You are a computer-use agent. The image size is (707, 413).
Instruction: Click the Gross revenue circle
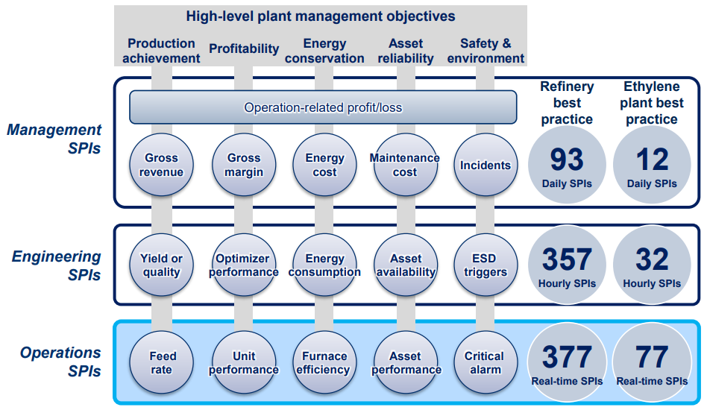[x=162, y=165]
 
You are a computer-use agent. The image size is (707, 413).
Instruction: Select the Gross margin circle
[x=244, y=165]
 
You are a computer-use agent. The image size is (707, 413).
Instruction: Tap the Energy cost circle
[x=324, y=165]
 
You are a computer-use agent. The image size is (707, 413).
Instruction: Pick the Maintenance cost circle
[x=405, y=165]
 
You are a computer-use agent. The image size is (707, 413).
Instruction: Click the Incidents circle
[x=486, y=165]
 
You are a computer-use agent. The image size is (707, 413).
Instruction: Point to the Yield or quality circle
[x=162, y=265]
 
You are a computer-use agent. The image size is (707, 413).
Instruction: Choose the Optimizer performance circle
[x=244, y=265]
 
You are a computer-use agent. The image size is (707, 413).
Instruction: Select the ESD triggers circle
[x=486, y=265]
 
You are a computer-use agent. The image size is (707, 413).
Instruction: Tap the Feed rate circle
[x=162, y=363]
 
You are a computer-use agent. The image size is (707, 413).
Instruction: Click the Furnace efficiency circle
[x=324, y=363]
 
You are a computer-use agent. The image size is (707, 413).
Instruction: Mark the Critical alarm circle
[x=486, y=363]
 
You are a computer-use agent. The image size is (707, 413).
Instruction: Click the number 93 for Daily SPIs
[x=567, y=160]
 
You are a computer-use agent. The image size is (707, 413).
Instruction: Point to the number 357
[x=567, y=260]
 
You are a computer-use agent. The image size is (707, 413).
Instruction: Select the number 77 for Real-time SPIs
[x=652, y=358]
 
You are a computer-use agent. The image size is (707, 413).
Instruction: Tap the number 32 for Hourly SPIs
[x=652, y=260]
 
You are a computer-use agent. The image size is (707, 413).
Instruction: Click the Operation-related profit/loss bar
[x=323, y=107]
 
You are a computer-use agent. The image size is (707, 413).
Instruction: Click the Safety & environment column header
[x=486, y=51]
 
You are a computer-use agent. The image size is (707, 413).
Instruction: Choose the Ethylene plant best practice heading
[x=652, y=103]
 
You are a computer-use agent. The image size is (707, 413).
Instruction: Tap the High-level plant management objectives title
[x=321, y=16]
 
